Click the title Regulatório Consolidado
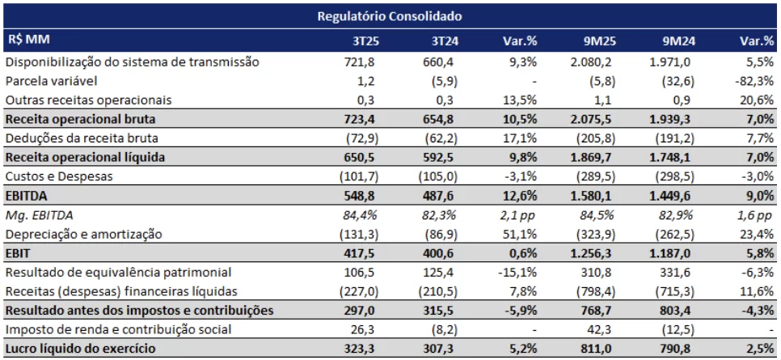[389, 15]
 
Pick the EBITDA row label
[27, 196]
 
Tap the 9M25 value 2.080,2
[590, 61]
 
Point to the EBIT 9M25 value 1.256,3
[590, 253]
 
